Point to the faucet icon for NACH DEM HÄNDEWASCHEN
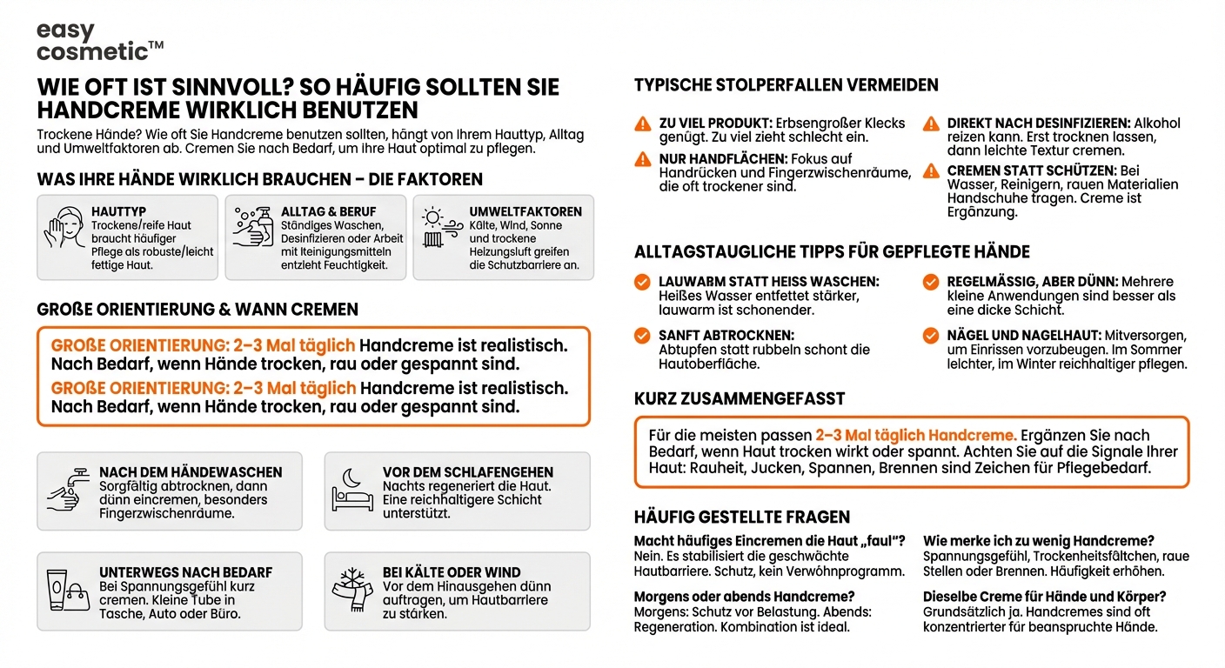coord(68,491)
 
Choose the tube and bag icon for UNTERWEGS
coord(68,591)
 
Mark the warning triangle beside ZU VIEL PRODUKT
coord(642,124)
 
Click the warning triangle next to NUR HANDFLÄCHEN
coord(642,159)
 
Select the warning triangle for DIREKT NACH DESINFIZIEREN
coord(931,124)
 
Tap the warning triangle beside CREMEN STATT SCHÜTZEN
coord(931,170)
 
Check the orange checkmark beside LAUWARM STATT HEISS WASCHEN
coord(642,282)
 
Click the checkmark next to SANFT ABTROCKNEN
coord(642,335)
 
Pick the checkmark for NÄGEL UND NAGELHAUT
coord(931,335)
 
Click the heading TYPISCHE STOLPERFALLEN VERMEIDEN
coord(786,85)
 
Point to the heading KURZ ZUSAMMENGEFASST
coord(740,398)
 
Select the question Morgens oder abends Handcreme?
coord(744,597)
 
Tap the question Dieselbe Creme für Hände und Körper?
coord(1044,597)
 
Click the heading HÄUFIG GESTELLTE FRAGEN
coord(742,518)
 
